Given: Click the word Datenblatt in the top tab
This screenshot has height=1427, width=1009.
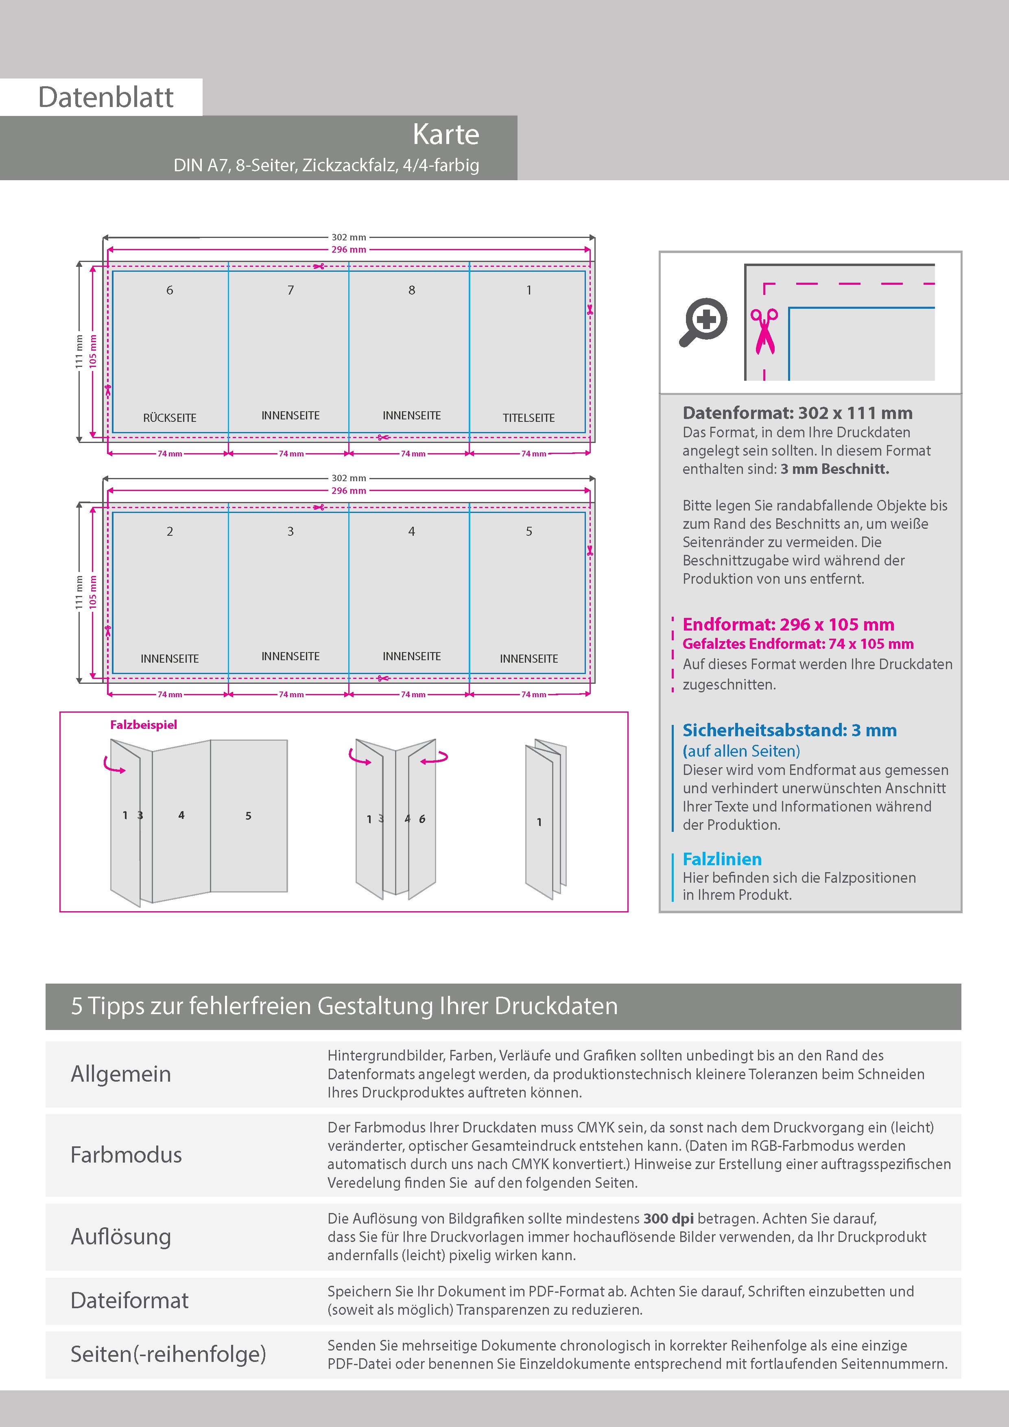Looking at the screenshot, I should pos(106,97).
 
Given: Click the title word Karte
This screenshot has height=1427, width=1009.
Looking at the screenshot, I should pos(446,134).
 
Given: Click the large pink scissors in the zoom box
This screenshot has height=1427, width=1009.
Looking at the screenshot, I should pos(764,331).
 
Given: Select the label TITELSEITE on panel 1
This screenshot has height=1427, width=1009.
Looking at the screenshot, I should pos(529,418).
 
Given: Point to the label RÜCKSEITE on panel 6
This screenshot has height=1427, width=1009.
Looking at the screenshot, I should pos(170,418).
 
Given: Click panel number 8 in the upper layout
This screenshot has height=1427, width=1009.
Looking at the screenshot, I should pos(412,290).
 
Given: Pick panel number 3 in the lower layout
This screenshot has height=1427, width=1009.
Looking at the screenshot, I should pos(290,531).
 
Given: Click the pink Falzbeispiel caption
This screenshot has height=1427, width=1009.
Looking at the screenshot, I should pos(144,725).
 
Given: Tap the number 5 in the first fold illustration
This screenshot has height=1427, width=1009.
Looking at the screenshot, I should pos(248,816).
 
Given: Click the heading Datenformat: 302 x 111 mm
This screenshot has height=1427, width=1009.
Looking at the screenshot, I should pos(797,413).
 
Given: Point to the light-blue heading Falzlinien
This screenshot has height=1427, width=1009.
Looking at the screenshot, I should pos(722,859).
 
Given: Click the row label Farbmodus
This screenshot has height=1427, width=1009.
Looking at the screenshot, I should pos(126,1155).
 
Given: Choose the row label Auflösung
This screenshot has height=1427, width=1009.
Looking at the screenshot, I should pos(121,1236).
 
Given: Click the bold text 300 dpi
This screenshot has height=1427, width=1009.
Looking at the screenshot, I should pos(668,1218).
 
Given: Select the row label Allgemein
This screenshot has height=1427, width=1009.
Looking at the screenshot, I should pos(120,1074).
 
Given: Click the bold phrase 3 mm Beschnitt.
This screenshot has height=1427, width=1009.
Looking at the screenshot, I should pos(834,469).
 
